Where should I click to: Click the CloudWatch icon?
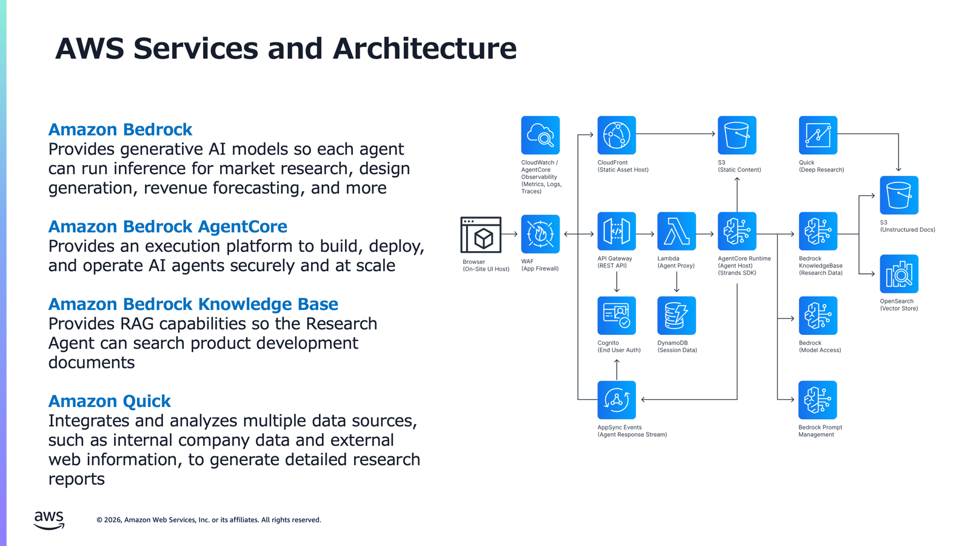tap(540, 135)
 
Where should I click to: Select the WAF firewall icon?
tap(540, 234)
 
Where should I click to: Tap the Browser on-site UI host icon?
tap(481, 234)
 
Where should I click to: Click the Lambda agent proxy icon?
tap(677, 231)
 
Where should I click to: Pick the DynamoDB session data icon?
tap(677, 315)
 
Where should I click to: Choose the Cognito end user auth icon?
tap(617, 315)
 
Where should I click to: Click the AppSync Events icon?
tap(617, 400)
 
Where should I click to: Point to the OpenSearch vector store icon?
tap(899, 274)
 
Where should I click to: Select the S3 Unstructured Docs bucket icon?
tap(899, 195)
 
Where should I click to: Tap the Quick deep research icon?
tap(818, 135)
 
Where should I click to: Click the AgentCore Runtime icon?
tap(737, 231)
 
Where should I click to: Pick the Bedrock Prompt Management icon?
tap(818, 400)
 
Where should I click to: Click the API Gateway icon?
tap(617, 231)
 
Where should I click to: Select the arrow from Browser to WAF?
tap(510, 234)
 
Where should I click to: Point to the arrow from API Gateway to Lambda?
tap(645, 234)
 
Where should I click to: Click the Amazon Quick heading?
tap(110, 401)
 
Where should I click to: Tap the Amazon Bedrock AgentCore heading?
tap(167, 227)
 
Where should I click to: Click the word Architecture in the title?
tap(424, 48)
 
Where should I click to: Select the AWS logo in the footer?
tap(49, 520)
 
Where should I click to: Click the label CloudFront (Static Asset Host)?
tap(623, 166)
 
